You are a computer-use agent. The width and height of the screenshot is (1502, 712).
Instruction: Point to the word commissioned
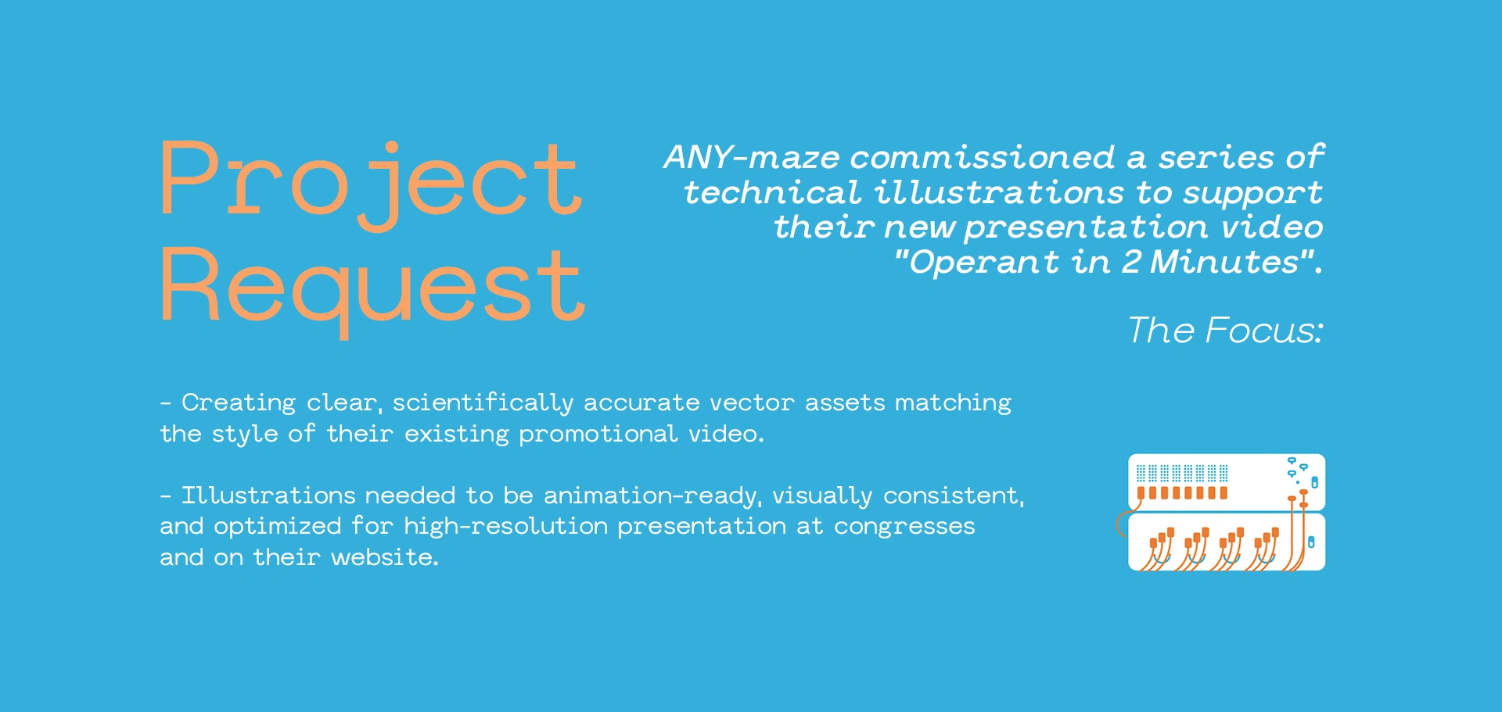tap(983, 158)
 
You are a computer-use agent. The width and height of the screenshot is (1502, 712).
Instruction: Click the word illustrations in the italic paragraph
tap(999, 192)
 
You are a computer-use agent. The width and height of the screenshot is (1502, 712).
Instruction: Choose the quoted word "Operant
tap(976, 263)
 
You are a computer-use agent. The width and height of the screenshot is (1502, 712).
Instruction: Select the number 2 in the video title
tap(1131, 263)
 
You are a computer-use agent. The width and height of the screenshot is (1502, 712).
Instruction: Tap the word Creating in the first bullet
tap(239, 403)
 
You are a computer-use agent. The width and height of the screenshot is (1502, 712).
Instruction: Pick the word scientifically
tap(483, 403)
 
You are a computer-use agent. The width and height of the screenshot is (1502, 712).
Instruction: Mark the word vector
tap(752, 403)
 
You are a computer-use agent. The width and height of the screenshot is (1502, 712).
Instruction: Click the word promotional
tap(598, 434)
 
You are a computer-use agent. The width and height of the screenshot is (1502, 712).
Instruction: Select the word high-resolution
tap(506, 527)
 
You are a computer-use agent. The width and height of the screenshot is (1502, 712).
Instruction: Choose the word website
tap(384, 557)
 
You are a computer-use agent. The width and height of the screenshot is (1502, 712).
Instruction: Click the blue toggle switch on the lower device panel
tap(1311, 542)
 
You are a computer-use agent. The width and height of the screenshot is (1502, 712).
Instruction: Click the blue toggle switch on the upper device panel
tap(1314, 482)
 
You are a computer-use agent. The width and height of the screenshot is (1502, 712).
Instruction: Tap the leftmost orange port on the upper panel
tap(1141, 493)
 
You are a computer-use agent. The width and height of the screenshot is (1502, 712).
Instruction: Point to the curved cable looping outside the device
tap(1120, 521)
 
